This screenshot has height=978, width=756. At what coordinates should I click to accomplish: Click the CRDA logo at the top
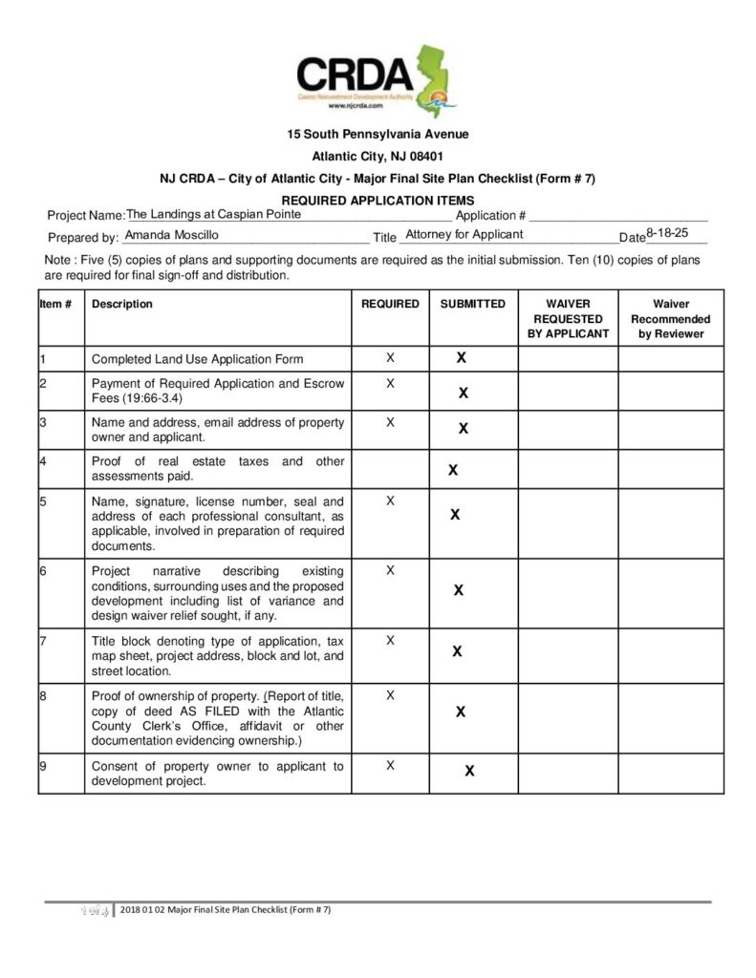377,80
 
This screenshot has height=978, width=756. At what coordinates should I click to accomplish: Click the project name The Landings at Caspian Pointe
214,215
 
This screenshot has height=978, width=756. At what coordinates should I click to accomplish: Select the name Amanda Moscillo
172,235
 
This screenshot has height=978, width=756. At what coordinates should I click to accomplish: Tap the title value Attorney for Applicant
464,235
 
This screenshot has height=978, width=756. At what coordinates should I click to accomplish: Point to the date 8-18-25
668,233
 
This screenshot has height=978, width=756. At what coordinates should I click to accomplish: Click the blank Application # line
618,217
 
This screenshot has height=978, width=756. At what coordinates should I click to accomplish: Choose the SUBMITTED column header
472,305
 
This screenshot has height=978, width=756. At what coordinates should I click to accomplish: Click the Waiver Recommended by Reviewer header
671,319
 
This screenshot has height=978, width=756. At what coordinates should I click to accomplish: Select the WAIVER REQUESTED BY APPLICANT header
568,319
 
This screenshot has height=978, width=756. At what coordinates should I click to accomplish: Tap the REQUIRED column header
390,305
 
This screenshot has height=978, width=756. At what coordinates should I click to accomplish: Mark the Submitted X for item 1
461,358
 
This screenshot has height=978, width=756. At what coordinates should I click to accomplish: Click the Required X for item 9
390,766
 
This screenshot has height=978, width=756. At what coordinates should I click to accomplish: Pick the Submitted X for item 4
453,470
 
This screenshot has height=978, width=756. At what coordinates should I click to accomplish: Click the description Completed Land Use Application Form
197,360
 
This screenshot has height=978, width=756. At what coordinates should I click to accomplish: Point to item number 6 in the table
44,571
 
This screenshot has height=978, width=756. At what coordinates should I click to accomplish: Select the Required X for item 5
390,500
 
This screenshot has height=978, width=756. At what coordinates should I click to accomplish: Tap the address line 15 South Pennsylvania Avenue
378,135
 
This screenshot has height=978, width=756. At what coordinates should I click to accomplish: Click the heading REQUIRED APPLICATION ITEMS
378,201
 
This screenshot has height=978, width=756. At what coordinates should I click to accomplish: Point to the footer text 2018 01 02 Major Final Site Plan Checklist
226,909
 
